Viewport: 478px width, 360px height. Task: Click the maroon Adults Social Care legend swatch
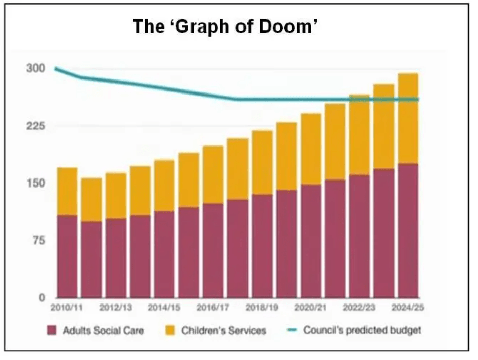[52, 330]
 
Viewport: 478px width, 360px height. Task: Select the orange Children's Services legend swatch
[171, 330]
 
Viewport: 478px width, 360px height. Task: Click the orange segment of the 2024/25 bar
[408, 118]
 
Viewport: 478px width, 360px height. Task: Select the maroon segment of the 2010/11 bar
[67, 256]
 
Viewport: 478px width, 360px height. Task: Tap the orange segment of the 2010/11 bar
[67, 192]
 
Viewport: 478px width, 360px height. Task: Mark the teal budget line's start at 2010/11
[56, 69]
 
